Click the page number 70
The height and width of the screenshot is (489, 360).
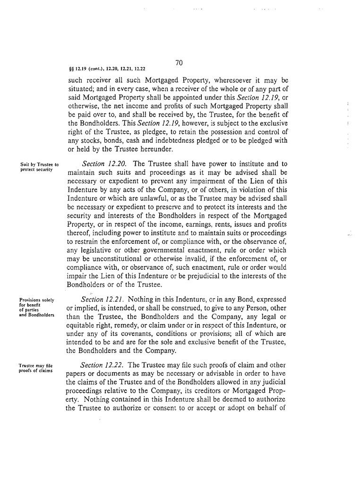tap(179, 62)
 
